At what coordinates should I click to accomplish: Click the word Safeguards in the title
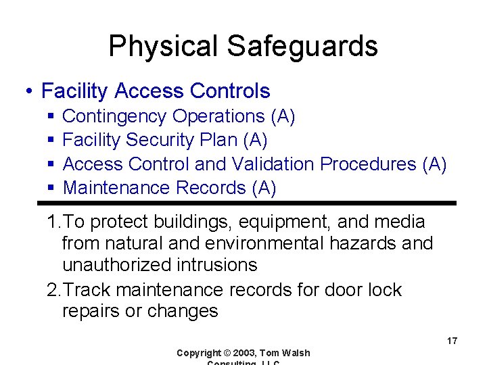pyautogui.click(x=302, y=47)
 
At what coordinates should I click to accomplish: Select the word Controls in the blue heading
pyautogui.click(x=231, y=91)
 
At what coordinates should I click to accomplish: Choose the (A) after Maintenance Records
pyautogui.click(x=263, y=188)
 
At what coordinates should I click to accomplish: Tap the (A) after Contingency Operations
pyautogui.click(x=282, y=116)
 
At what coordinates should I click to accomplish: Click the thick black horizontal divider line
pyautogui.click(x=247, y=203)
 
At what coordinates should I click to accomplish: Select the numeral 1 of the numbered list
pyautogui.click(x=51, y=222)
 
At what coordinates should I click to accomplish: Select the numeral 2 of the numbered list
pyautogui.click(x=52, y=290)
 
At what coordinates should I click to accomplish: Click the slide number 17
pyautogui.click(x=452, y=341)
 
